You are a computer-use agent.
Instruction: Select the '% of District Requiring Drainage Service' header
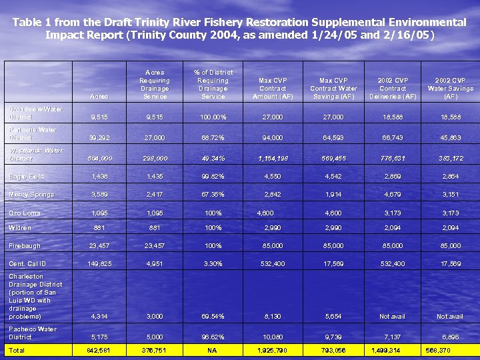click(x=213, y=84)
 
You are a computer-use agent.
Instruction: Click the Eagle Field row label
click(x=27, y=177)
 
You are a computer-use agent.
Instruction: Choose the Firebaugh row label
click(x=25, y=246)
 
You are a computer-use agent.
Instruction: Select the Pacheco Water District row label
click(x=33, y=333)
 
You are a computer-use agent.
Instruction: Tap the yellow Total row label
click(x=17, y=350)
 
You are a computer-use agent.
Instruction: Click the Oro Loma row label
click(x=25, y=213)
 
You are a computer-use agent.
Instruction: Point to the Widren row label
click(x=20, y=228)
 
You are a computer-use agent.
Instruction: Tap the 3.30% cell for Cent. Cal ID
click(x=213, y=264)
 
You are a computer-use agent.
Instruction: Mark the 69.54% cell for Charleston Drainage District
click(x=213, y=317)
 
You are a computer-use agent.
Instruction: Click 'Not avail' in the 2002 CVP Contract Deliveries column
click(x=392, y=317)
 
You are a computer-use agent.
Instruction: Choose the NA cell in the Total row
click(x=213, y=350)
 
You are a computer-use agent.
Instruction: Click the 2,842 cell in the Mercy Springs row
click(x=273, y=195)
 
